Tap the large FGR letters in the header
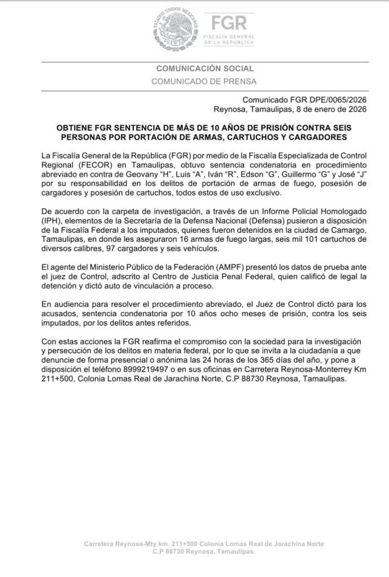228,24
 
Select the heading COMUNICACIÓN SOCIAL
205,68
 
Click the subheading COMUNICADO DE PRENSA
204,81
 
